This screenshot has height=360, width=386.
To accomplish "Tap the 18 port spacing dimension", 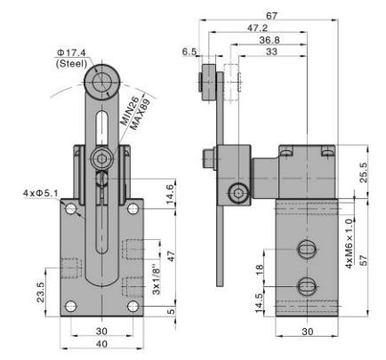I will click(259, 268).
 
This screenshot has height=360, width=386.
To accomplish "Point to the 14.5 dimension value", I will click(259, 302).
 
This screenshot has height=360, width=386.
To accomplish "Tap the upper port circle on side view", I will click(306, 247).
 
